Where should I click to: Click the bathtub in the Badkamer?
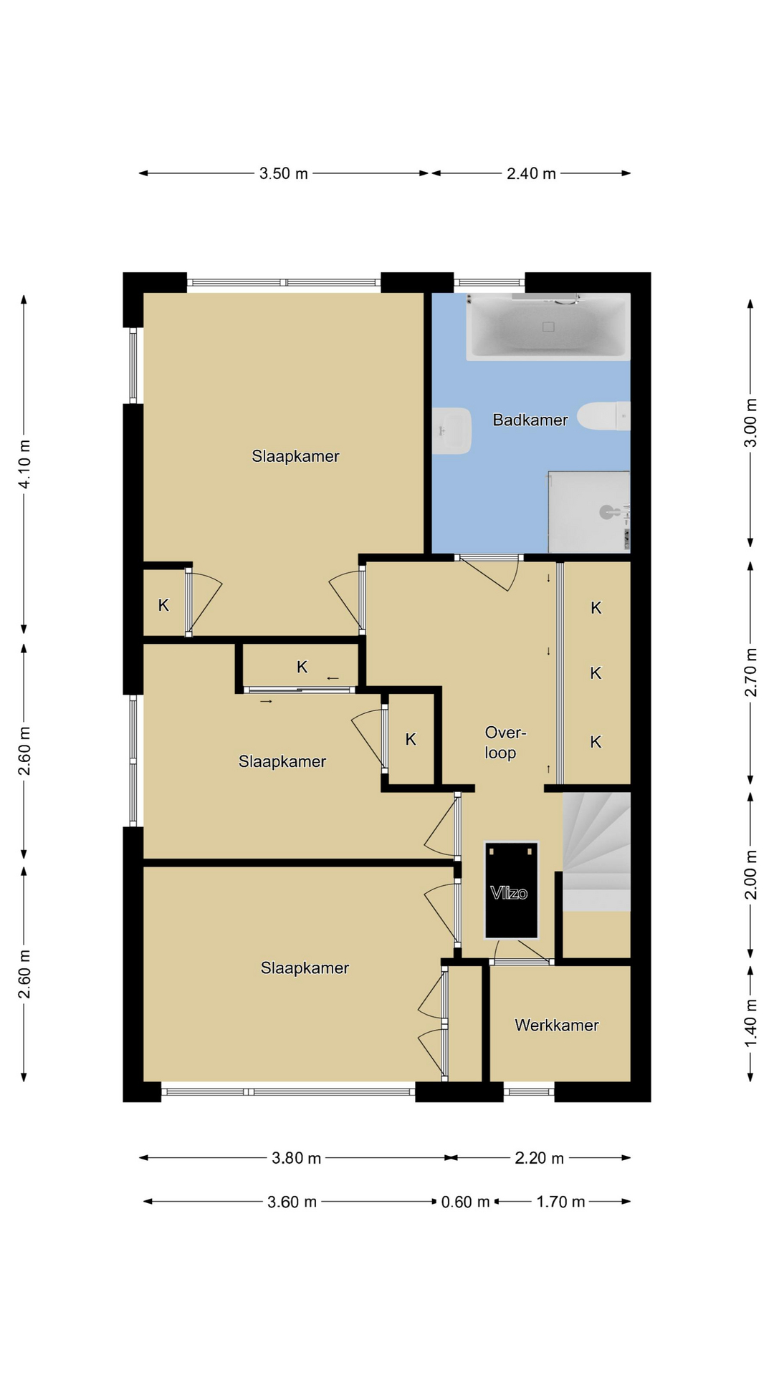coord(548,327)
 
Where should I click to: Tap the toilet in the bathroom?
coord(603,416)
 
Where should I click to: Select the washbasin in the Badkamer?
coord(451,430)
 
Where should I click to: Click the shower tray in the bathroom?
coord(589,511)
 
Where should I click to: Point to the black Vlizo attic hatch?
coord(511,889)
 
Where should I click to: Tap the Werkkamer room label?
coord(557,1025)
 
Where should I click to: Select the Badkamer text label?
coord(530,420)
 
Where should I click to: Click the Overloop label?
coord(505,743)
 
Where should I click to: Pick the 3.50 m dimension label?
coord(284,173)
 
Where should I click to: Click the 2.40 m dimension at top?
coord(531,173)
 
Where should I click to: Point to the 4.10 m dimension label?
coord(24,463)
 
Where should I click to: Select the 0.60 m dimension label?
coord(465,1202)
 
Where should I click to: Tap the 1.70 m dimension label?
coord(561,1202)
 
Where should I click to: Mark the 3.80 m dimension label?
coord(297,1158)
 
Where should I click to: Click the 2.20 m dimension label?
coord(540,1158)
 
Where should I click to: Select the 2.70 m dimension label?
coord(750,672)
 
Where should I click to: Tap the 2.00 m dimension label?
coord(750,874)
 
